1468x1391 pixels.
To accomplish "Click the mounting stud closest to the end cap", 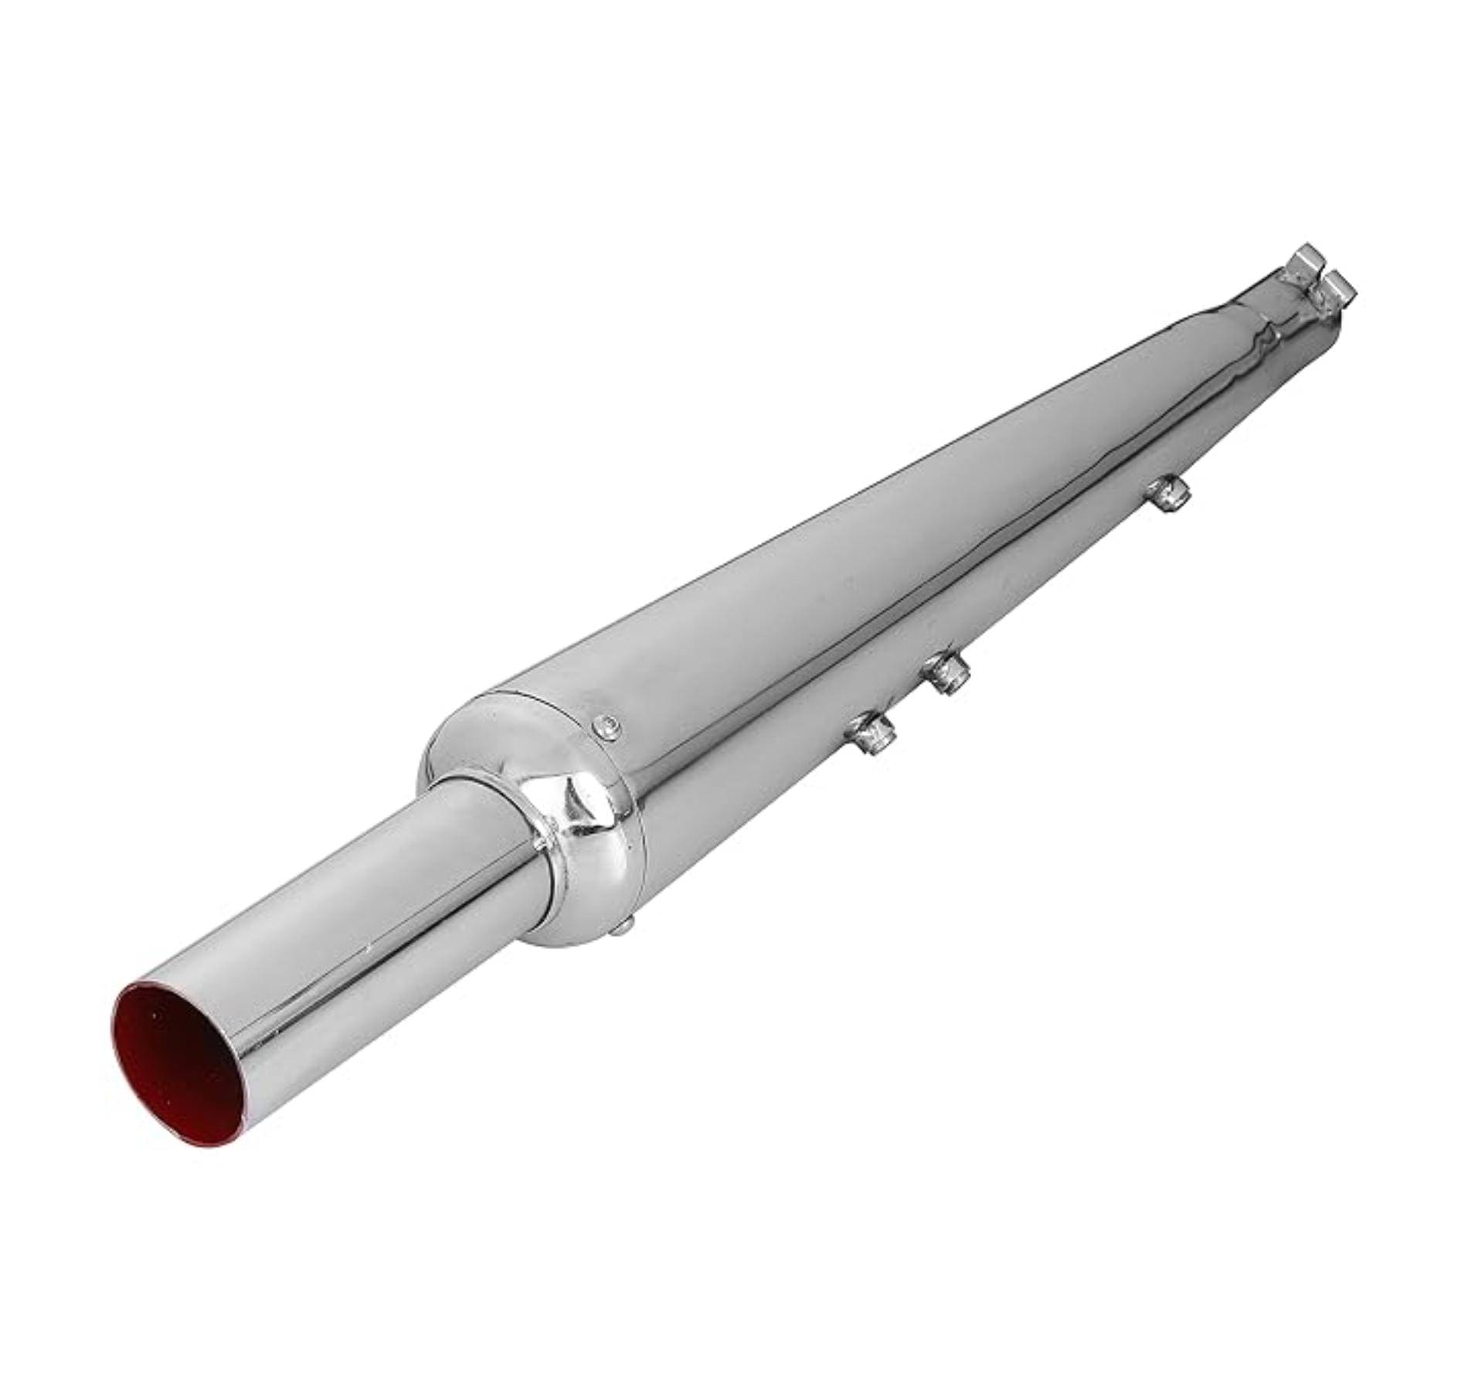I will [873, 733].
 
